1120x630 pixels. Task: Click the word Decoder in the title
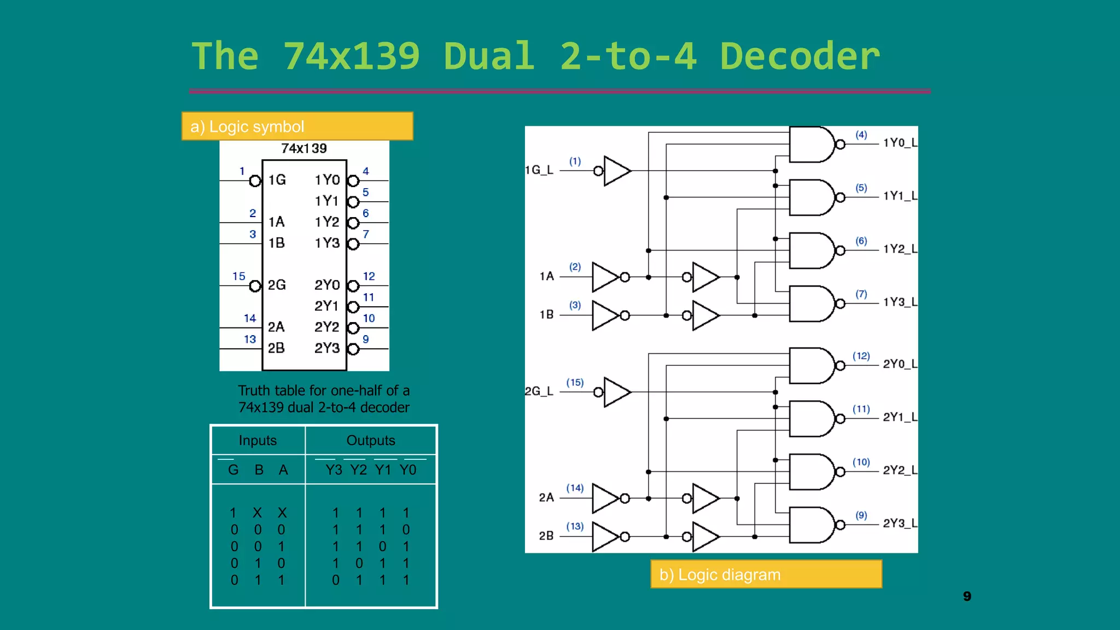[800, 56]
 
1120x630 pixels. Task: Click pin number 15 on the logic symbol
[239, 276]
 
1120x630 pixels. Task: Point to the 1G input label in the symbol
[277, 180]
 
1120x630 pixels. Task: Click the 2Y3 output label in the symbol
[327, 348]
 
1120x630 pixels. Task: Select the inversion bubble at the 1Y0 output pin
[354, 181]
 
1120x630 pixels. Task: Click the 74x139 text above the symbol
[304, 149]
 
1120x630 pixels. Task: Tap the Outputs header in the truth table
[370, 440]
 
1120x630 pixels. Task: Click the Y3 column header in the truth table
[334, 470]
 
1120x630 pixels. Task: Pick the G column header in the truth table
[233, 470]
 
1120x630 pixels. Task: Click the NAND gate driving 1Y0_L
[812, 144]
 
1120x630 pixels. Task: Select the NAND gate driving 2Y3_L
[812, 525]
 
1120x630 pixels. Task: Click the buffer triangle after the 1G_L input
[617, 171]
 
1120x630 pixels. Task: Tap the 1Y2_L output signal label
[900, 249]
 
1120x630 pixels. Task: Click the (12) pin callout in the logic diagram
[861, 356]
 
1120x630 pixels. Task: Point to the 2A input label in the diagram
[546, 498]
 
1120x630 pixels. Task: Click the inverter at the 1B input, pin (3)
[605, 316]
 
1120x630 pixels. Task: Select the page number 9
[967, 596]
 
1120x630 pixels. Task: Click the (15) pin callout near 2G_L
[575, 382]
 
